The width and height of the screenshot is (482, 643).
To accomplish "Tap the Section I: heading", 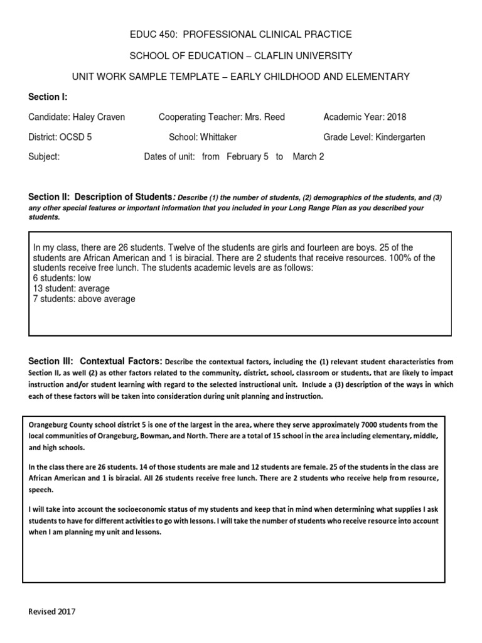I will (x=48, y=97).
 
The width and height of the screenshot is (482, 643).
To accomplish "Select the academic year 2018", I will (x=397, y=117).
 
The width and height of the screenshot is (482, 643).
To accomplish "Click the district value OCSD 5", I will (x=75, y=137).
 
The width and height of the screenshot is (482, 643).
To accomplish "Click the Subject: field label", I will (x=44, y=157).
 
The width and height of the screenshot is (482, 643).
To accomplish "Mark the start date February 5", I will (x=247, y=157).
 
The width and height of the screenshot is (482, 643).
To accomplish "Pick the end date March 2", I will (x=308, y=157).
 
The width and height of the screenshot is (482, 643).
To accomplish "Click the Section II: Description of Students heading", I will (x=100, y=197).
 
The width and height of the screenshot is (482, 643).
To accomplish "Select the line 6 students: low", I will (x=62, y=278).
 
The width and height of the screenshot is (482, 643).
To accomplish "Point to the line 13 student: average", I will (x=71, y=288).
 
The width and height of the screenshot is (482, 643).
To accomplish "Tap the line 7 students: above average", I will (x=83, y=299).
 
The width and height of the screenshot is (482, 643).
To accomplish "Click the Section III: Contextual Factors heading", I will (x=95, y=361).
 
